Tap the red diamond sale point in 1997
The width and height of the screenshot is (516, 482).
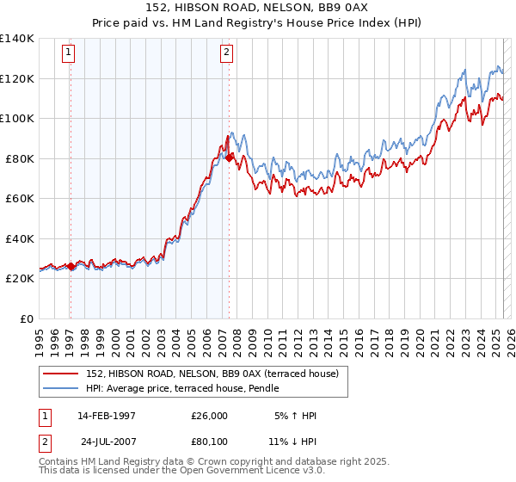click(x=71, y=267)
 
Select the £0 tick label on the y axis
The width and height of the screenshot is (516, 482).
click(x=28, y=318)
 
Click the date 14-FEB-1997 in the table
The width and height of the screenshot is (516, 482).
click(x=106, y=415)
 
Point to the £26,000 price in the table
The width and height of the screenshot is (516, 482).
click(x=209, y=415)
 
